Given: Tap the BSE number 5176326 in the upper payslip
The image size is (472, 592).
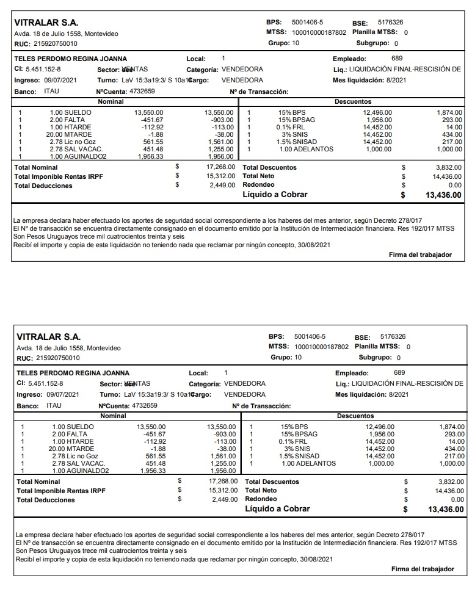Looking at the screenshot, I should tap(390, 23).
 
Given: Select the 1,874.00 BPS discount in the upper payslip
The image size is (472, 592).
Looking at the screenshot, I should tap(449, 113).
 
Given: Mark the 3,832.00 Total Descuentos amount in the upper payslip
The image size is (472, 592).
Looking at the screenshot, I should tap(449, 167).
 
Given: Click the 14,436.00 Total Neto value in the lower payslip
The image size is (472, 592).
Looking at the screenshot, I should tap(449, 491).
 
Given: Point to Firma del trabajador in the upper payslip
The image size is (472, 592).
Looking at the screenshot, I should tap(420, 254).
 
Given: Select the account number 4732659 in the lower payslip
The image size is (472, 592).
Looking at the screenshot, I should tap(145, 405).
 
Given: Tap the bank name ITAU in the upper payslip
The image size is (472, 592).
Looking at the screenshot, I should tap(52, 91).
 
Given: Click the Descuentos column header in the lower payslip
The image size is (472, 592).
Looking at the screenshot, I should tap(355, 416).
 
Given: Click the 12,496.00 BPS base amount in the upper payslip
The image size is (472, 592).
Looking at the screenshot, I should tap(377, 113).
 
